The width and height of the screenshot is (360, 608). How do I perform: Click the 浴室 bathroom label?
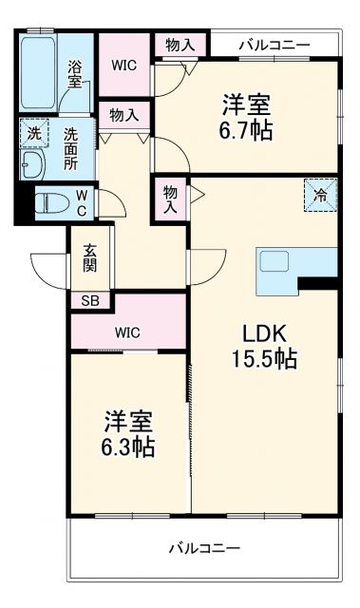pos(74,75)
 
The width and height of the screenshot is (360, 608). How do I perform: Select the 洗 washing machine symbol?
pos(33,134)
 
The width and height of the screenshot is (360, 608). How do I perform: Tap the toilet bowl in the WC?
pos(49,202)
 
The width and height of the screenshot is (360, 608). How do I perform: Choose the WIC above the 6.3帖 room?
pos(128,332)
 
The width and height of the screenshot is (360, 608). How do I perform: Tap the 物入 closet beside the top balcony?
pos(180,44)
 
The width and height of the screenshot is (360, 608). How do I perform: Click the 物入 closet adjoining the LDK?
pos(171,199)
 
